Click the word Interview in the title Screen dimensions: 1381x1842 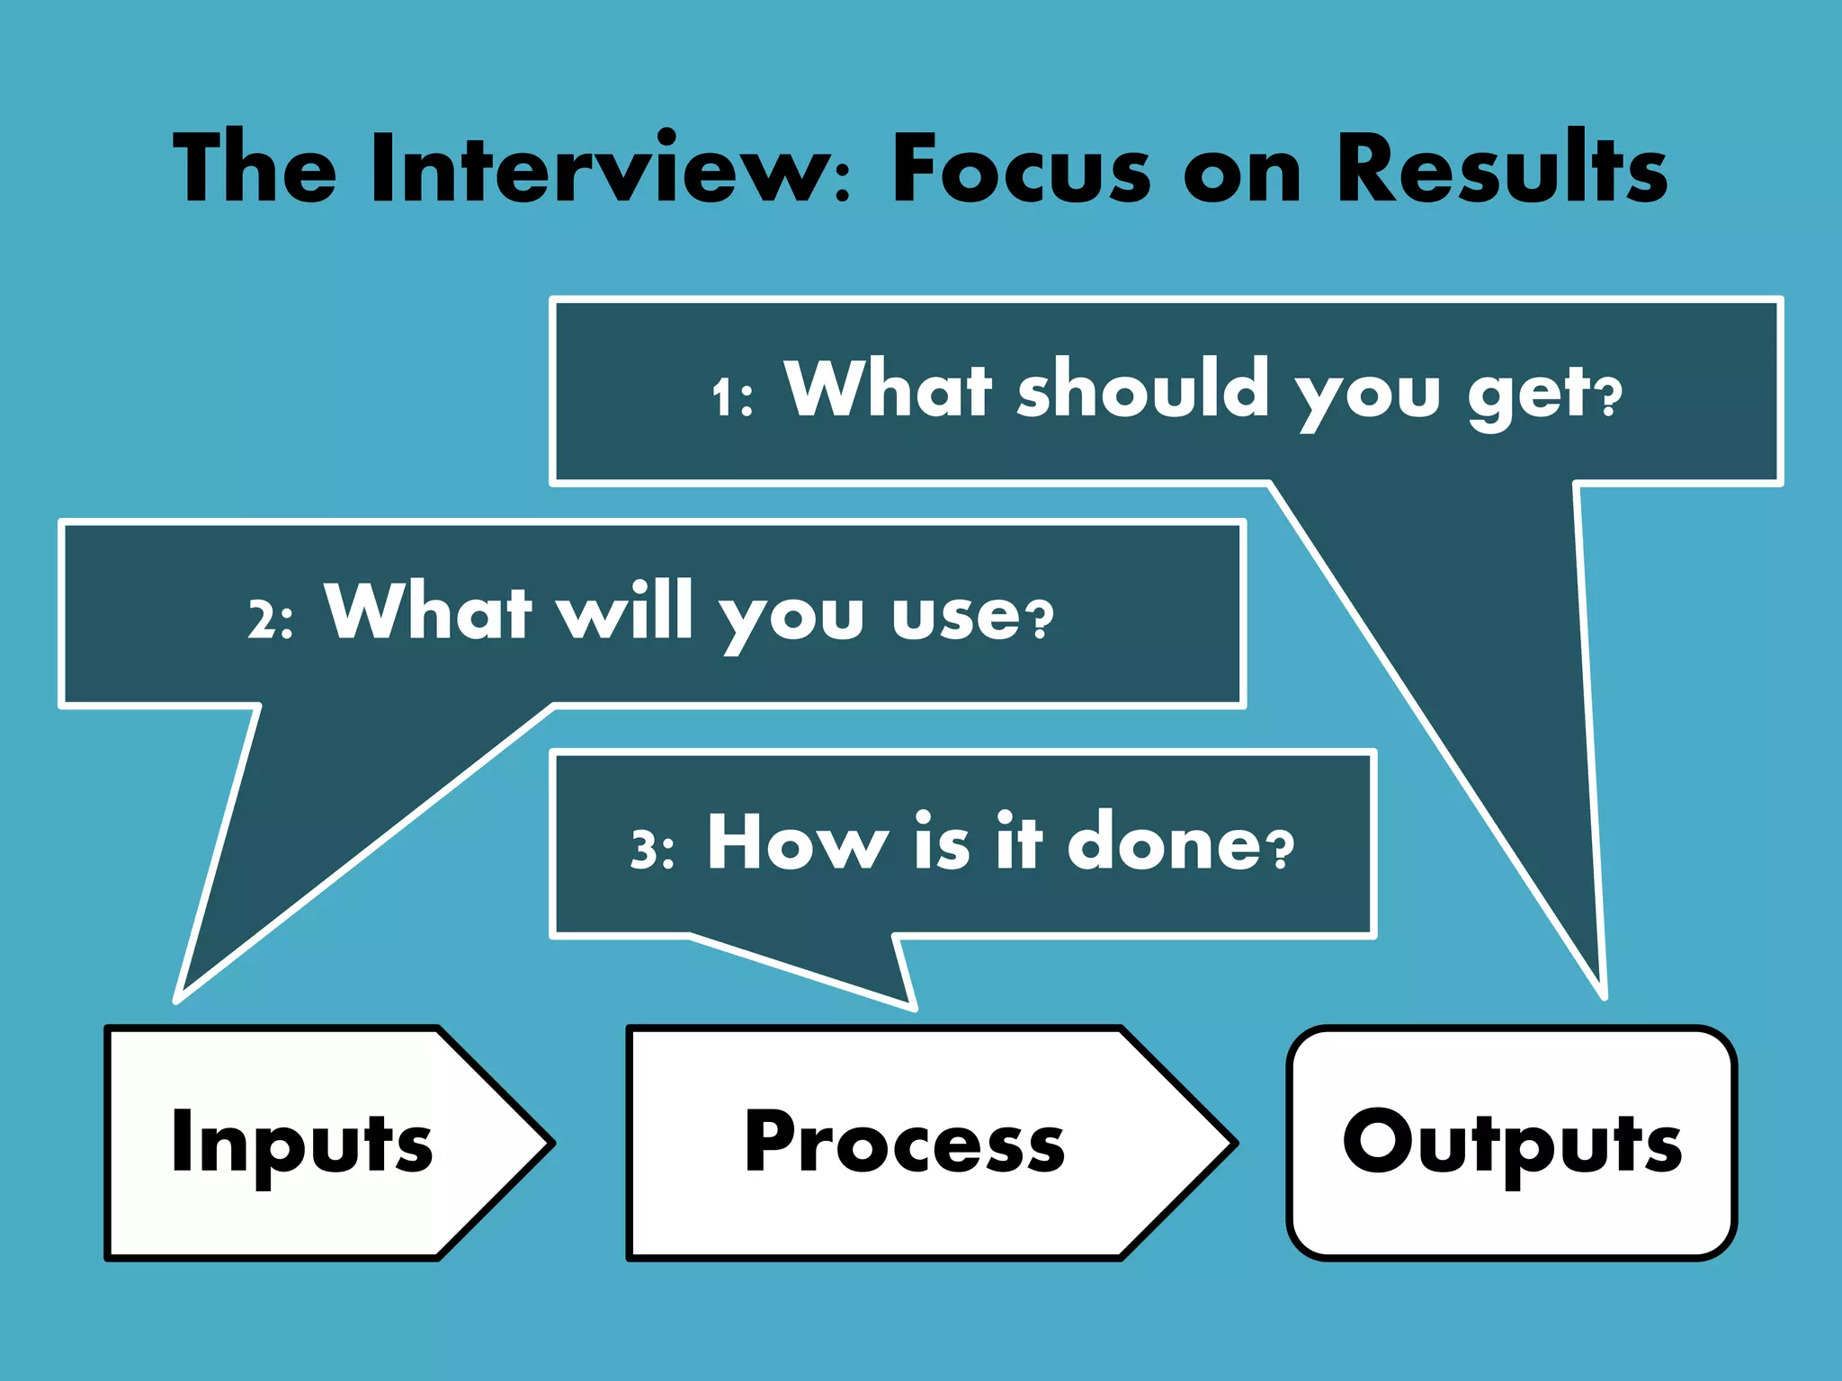[x=601, y=169]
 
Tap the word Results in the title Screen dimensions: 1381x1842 [x=1501, y=169]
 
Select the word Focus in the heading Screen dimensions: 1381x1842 [x=1021, y=169]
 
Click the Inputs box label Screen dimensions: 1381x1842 [x=301, y=1144]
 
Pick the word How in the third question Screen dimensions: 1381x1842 [x=797, y=842]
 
